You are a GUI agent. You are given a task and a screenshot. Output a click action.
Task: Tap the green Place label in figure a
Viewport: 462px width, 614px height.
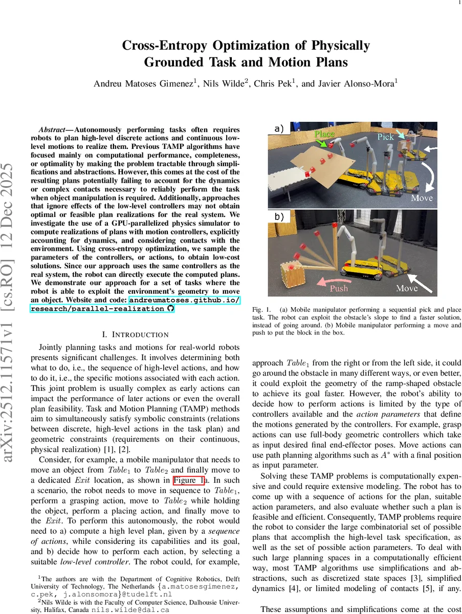[x=324, y=134]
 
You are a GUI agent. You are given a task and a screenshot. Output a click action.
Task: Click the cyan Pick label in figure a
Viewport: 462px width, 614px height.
[x=386, y=137]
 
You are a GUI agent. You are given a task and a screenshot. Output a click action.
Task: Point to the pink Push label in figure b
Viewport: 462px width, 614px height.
[x=338, y=288]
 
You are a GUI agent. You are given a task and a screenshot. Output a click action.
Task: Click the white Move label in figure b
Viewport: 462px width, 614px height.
[x=407, y=288]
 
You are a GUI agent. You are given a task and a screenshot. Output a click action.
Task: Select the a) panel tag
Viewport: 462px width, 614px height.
[x=279, y=129]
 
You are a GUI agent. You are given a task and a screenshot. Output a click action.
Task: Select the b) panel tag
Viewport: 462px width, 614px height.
[x=279, y=216]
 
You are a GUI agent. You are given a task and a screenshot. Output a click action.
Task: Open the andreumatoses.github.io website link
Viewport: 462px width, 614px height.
[x=184, y=300]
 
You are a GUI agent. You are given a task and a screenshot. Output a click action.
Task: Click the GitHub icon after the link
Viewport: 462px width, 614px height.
[x=170, y=309]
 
